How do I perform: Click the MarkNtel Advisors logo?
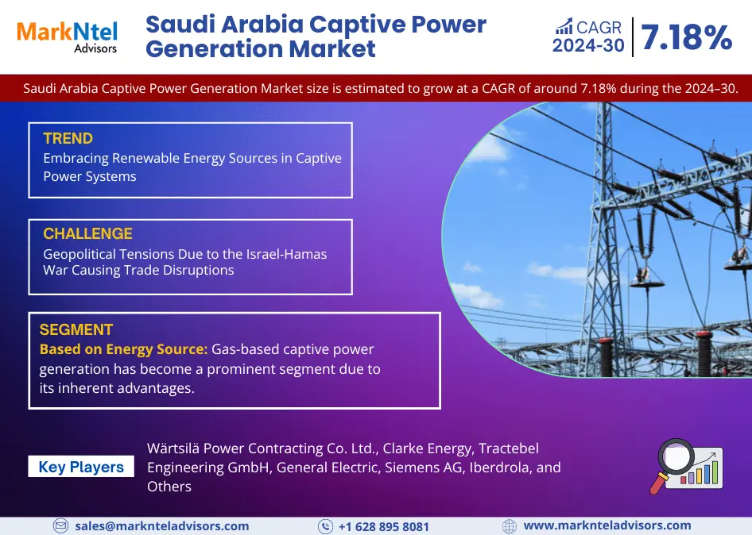[x=67, y=37]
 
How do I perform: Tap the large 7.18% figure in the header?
[x=687, y=37]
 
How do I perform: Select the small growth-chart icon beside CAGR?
[x=564, y=27]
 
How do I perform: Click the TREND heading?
[x=68, y=138]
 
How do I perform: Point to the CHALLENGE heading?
[x=87, y=233]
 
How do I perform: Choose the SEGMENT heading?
[x=76, y=329]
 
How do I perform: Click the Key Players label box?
[x=81, y=467]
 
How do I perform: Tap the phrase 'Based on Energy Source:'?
[x=124, y=349]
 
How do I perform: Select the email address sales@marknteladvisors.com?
[x=162, y=526]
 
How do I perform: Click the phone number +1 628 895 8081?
[x=384, y=527]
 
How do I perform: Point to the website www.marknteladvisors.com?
[x=607, y=525]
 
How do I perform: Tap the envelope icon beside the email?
[x=60, y=526]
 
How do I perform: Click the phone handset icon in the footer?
[x=326, y=526]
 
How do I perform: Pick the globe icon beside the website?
[x=510, y=526]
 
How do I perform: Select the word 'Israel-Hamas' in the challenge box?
[x=286, y=254]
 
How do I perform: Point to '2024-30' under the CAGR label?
[x=588, y=45]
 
